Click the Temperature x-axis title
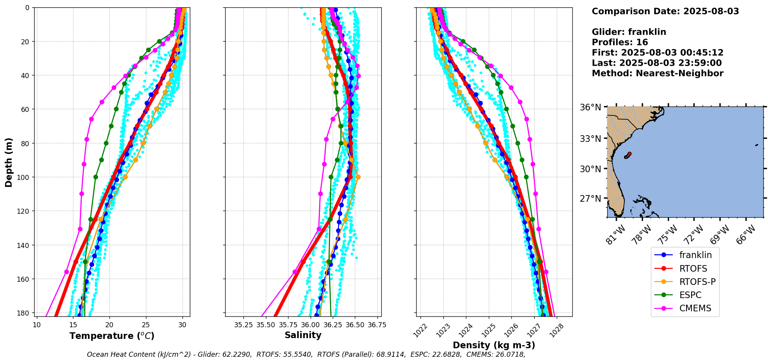[112, 336]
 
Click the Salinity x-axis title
[303, 335]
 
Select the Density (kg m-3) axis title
[494, 345]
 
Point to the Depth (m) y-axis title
[9, 162]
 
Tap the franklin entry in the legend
[695, 255]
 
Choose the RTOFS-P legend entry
[697, 282]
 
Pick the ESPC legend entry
[690, 295]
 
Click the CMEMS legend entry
[695, 308]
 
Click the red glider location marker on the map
[629, 154]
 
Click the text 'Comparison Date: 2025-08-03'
[665, 11]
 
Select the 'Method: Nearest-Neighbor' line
[657, 73]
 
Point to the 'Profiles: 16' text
[620, 42]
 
